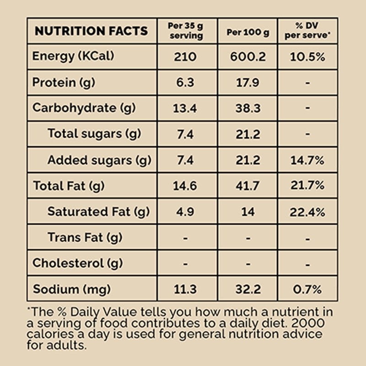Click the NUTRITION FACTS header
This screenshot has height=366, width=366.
(x=91, y=31)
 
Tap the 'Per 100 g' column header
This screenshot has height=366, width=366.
(x=248, y=32)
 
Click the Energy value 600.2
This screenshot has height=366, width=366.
(x=248, y=57)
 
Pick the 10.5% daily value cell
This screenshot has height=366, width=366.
(x=307, y=57)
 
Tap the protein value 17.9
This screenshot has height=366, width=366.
(x=248, y=83)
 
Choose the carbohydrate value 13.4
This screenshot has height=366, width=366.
(x=185, y=109)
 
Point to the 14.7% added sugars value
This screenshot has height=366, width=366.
(x=307, y=161)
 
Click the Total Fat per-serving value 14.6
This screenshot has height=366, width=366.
(x=185, y=186)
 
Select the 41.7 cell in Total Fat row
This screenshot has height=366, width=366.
(x=248, y=186)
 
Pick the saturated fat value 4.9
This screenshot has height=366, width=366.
(x=185, y=212)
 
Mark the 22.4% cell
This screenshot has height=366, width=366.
(x=307, y=212)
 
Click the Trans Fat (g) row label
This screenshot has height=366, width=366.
(x=85, y=237)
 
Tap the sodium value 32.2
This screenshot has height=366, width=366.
(x=248, y=290)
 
